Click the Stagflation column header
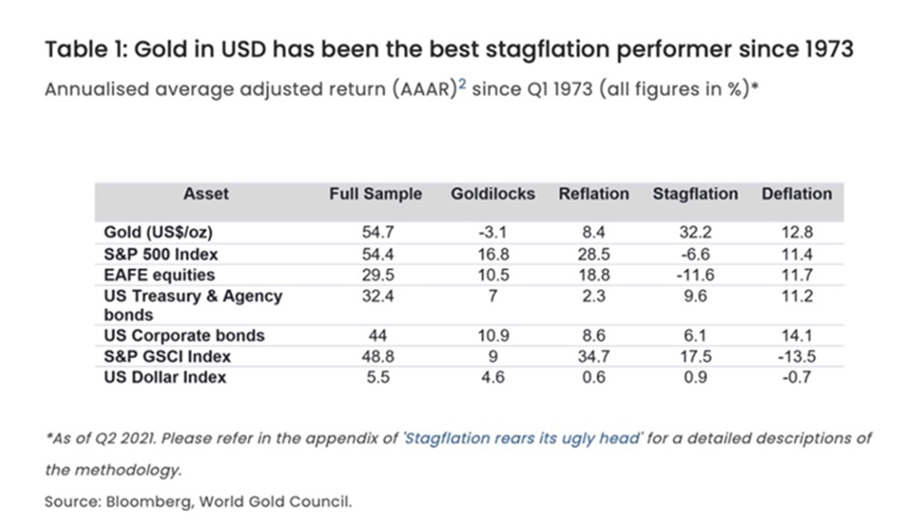695,194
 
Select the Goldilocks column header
492,194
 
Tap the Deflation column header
797,194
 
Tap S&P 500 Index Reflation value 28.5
593,254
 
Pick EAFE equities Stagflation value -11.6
695,275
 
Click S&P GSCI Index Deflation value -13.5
797,357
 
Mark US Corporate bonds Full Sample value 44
376,336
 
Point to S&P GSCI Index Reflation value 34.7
593,357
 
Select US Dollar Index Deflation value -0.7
797,377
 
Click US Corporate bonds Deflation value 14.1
797,336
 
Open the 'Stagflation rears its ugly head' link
507,439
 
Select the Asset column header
206,194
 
